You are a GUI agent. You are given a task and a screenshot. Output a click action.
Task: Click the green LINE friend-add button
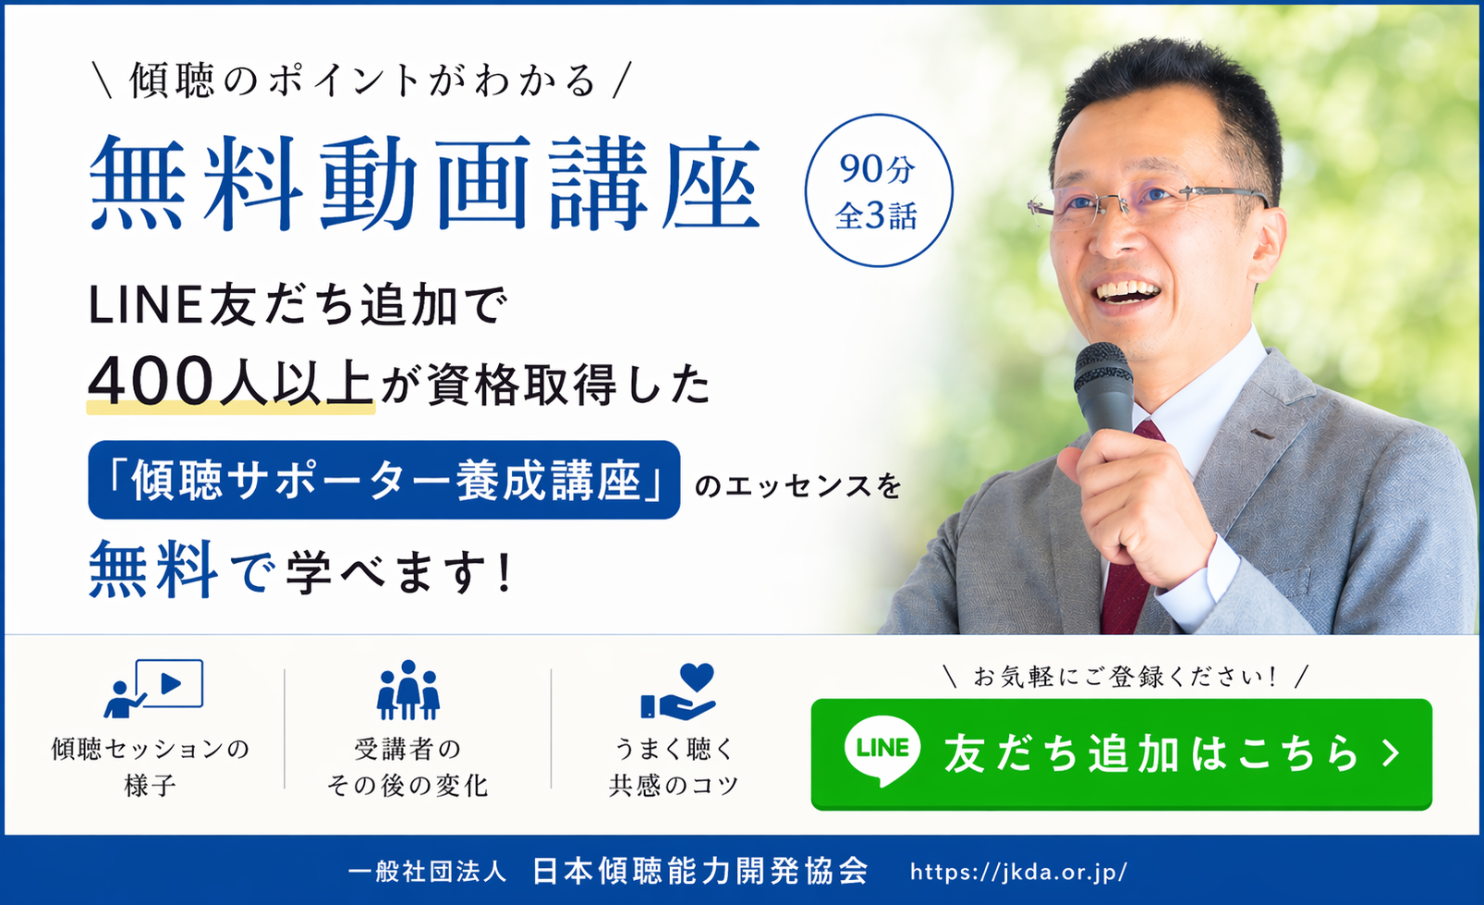point(1121,754)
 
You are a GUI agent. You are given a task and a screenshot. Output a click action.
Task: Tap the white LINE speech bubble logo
point(882,750)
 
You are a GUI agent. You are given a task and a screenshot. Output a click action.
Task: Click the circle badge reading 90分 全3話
point(877,190)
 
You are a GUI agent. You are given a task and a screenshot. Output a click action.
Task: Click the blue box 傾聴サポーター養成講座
point(384,480)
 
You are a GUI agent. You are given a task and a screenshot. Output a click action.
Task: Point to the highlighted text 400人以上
point(230,382)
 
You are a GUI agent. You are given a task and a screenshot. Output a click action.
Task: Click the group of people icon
point(407,690)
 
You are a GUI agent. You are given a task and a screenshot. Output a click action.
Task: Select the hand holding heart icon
point(679,691)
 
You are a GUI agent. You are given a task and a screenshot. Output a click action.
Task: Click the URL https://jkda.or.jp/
point(1018,871)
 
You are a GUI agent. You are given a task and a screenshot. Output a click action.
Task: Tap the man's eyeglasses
point(1146,199)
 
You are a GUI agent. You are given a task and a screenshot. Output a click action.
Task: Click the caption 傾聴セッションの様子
point(151,766)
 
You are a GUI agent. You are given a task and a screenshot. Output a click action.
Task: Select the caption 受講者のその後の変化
point(407,766)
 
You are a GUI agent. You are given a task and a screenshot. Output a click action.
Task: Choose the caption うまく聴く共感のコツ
point(674,766)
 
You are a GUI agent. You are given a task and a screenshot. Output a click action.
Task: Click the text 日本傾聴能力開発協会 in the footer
point(700,871)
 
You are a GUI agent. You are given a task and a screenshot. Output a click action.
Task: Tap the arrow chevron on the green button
point(1392,753)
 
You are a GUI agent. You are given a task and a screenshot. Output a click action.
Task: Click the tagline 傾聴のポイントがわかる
point(362,80)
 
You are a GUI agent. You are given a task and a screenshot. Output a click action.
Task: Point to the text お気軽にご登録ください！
point(1124,677)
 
